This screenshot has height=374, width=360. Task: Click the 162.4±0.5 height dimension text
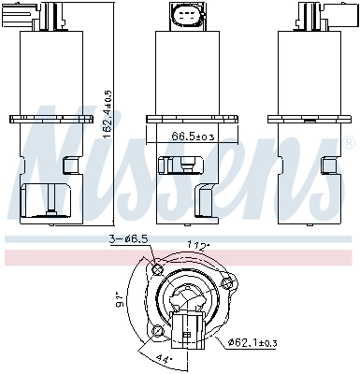coord(108,115)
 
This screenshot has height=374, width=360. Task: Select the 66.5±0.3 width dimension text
coord(194,136)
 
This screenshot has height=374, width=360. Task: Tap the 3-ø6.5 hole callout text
coord(128,239)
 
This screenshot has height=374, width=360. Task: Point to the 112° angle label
coord(198,246)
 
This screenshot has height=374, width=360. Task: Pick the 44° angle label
coord(163,360)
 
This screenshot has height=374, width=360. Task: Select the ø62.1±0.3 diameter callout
coord(252,343)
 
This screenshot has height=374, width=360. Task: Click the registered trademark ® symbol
coord(349,142)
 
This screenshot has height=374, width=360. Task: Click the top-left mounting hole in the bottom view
coord(157,268)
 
